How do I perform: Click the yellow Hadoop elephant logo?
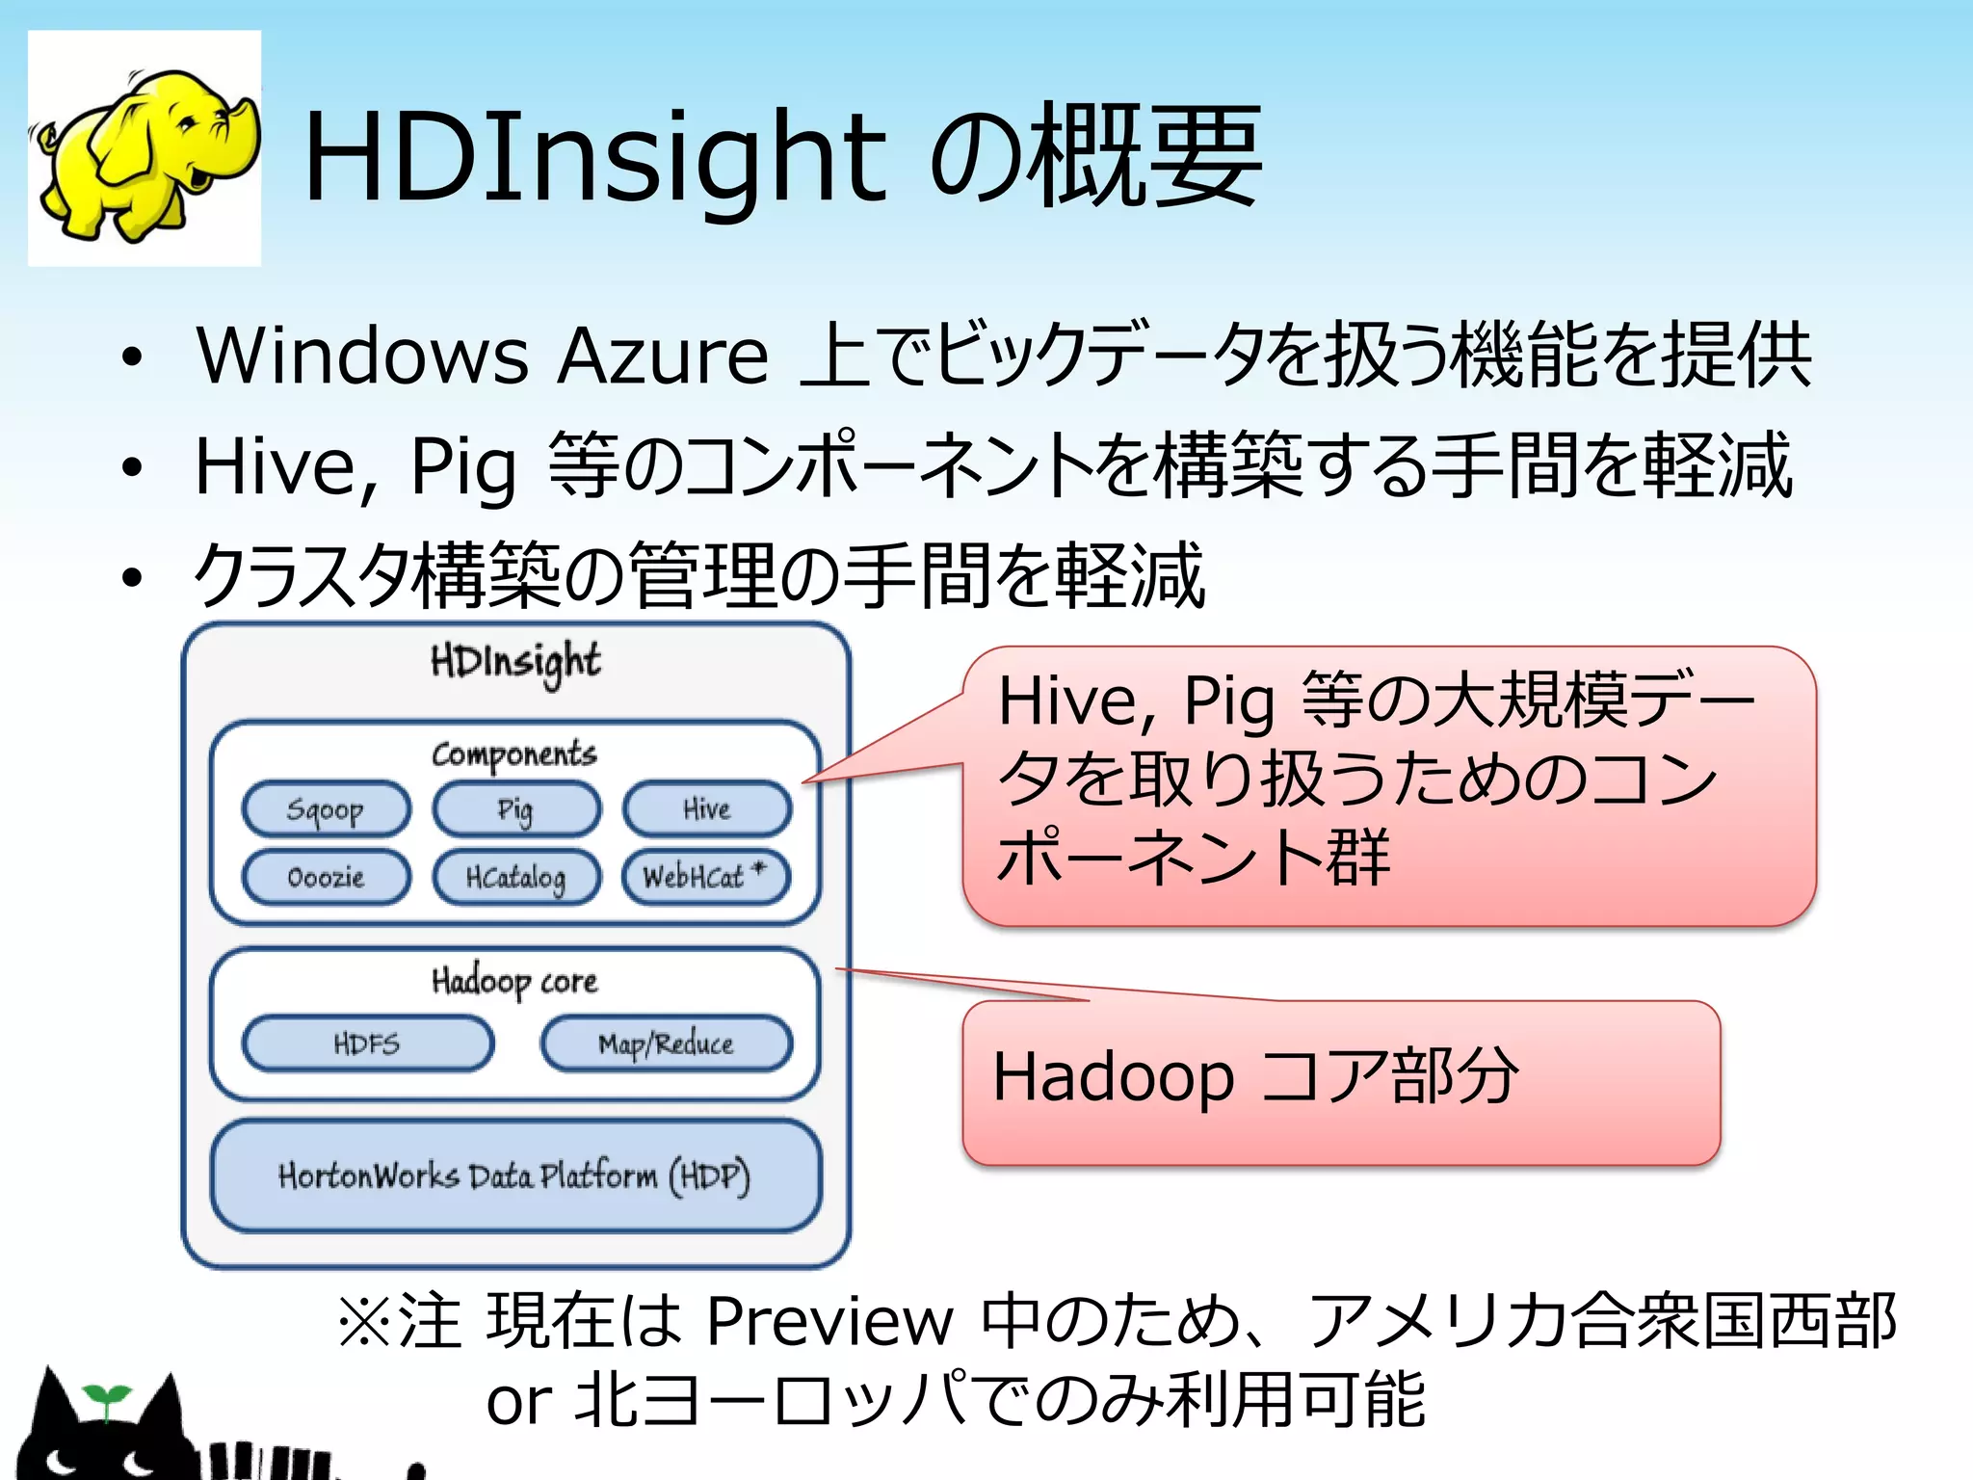(145, 150)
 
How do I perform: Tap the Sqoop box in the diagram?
(326, 809)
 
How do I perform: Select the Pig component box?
(515, 809)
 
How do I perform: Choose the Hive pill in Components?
(706, 809)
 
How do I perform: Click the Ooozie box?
(326, 877)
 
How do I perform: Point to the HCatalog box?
(515, 877)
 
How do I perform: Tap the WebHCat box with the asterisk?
(706, 877)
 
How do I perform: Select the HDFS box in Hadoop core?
(367, 1044)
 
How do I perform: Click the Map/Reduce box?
(666, 1044)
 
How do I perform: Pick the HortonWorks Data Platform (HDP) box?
(515, 1176)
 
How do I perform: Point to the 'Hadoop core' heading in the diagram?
(514, 982)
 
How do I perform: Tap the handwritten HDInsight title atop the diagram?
(515, 662)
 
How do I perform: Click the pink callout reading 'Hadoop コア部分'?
(1340, 1081)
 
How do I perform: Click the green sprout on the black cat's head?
(105, 1397)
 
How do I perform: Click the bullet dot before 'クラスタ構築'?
(132, 578)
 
